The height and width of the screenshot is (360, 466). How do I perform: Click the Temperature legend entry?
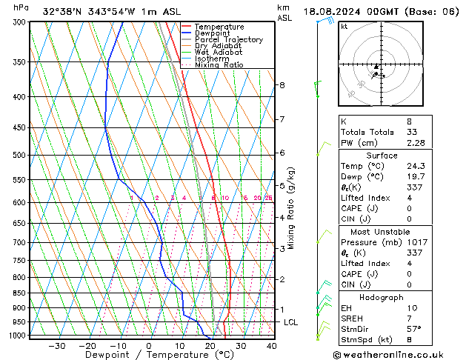[x=219, y=27]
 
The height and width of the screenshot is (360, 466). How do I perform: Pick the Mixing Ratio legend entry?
[x=219, y=65]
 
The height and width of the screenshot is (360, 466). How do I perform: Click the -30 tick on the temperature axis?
[x=57, y=346]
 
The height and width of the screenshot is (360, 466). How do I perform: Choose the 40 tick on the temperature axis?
[x=271, y=346]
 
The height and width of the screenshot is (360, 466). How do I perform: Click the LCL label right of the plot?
[x=290, y=322]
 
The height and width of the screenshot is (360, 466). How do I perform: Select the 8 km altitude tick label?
[x=282, y=85]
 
